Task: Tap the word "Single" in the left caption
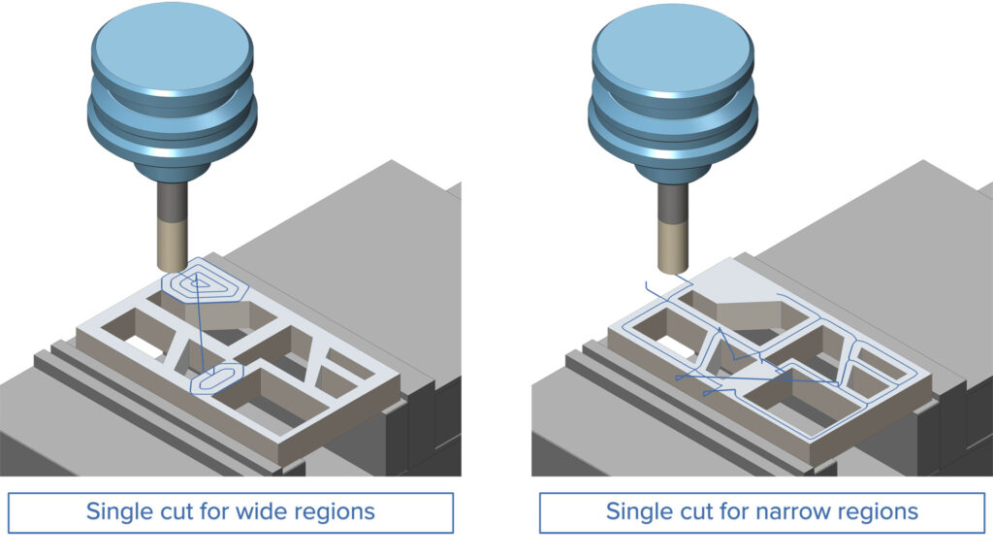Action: pos(119,512)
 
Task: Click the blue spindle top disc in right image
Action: pos(672,46)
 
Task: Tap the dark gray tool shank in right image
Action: pos(672,204)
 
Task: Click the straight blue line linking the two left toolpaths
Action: pos(202,330)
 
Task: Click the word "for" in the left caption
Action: pos(206,511)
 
